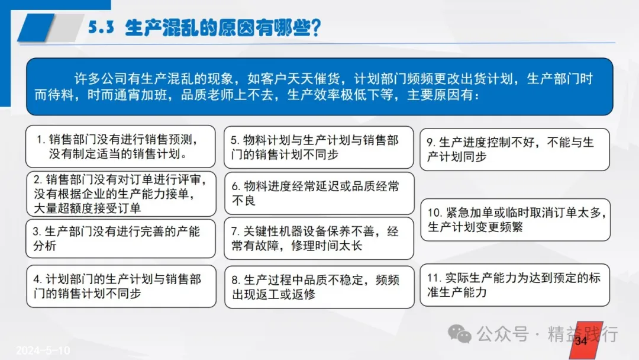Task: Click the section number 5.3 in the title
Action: point(101,27)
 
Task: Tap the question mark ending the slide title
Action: point(315,28)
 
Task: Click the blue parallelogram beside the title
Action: point(36,28)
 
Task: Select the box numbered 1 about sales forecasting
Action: point(120,146)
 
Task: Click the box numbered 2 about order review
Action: point(121,194)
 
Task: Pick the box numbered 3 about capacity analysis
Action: point(120,239)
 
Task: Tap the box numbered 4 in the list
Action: point(121,286)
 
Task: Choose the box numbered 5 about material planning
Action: point(319,147)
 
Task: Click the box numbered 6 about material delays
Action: point(319,193)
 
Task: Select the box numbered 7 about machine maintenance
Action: point(319,239)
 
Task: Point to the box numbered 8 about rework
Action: point(319,287)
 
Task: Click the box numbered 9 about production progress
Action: point(515,149)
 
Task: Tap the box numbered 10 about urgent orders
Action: point(515,220)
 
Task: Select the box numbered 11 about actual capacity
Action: point(515,285)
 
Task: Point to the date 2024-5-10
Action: point(43,350)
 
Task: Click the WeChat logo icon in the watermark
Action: point(459,334)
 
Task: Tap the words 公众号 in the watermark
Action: point(502,334)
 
